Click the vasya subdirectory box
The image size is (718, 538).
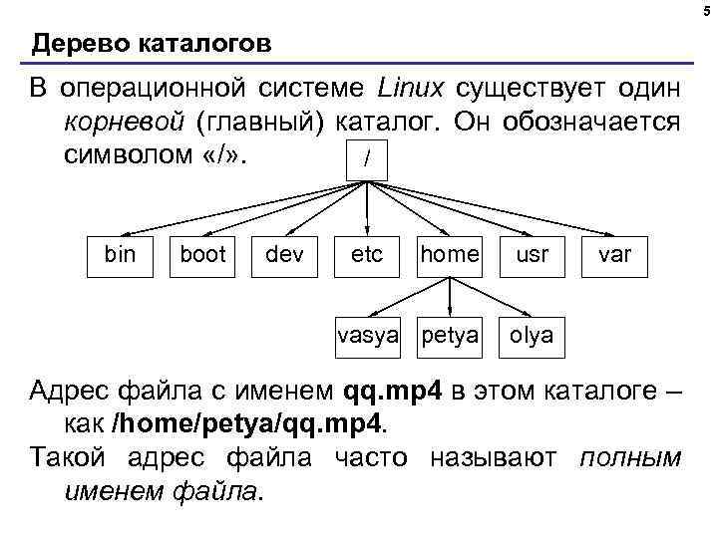pos(367,335)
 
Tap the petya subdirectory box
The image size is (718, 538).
pos(450,335)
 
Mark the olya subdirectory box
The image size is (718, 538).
pos(532,335)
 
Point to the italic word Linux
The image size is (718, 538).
pos(411,90)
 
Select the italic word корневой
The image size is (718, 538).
pos(123,123)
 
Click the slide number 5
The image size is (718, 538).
pos(705,10)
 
